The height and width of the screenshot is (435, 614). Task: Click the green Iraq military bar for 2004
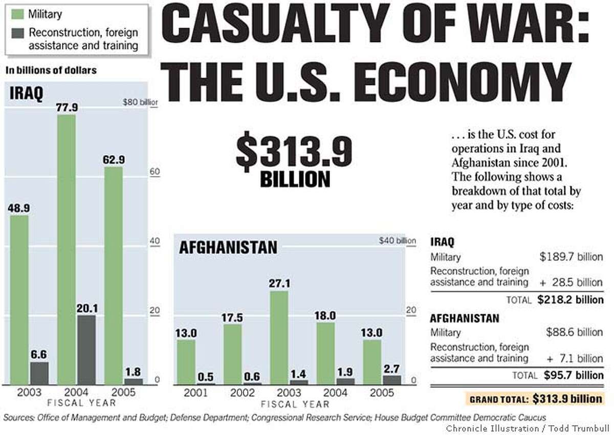click(x=66, y=251)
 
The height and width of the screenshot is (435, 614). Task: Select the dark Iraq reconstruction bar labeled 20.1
click(x=85, y=351)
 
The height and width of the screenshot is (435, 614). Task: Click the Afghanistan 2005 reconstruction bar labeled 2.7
click(x=392, y=379)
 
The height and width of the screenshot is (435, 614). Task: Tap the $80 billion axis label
click(x=140, y=102)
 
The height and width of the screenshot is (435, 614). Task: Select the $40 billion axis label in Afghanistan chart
click(x=397, y=241)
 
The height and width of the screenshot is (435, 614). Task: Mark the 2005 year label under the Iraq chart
click(x=123, y=393)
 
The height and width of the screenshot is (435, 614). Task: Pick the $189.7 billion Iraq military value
click(x=571, y=257)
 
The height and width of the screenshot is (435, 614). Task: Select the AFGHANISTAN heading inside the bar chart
click(x=228, y=248)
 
